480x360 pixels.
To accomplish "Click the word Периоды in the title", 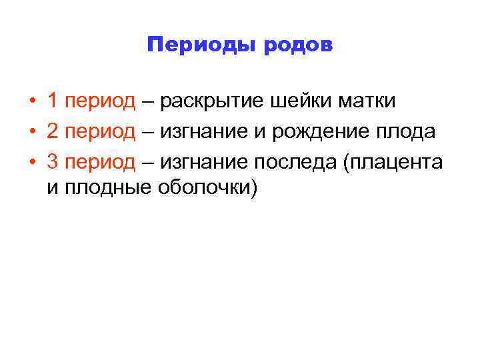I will pos(201,46).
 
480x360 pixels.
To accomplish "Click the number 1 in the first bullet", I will pos(52,101).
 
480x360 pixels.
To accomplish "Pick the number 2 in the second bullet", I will pos(52,131).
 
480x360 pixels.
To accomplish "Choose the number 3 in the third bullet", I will pos(52,161).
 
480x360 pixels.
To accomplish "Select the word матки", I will pos(367,102).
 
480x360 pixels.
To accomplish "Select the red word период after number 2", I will pos(100,133).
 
